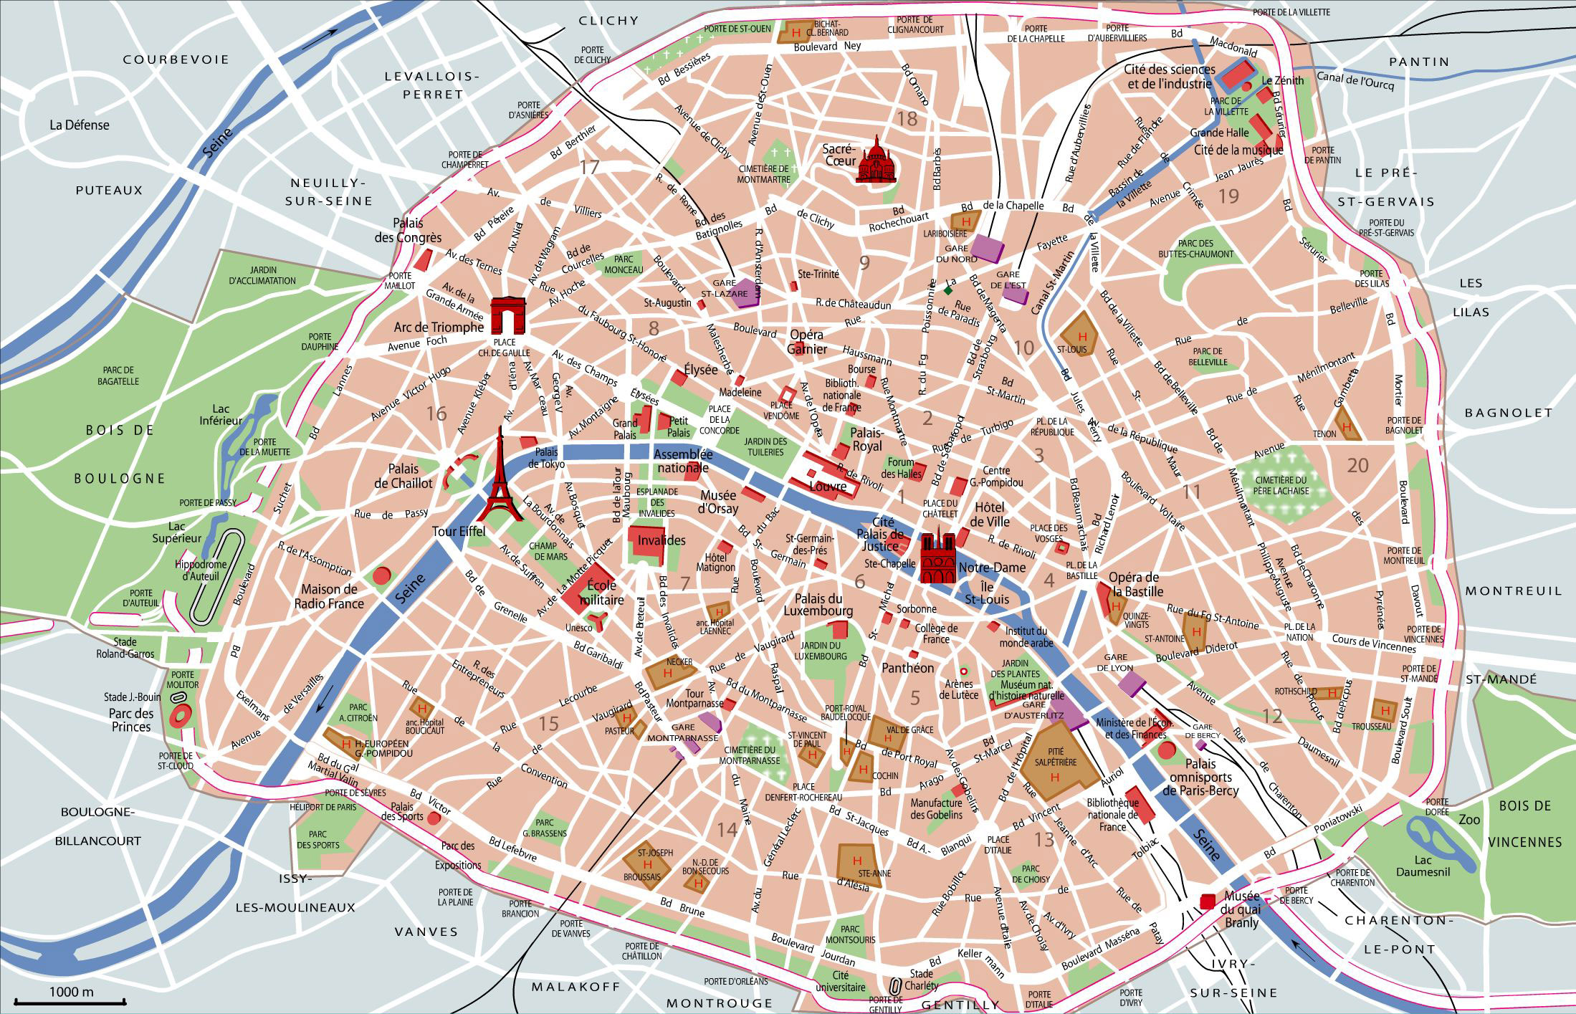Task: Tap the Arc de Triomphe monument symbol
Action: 508,316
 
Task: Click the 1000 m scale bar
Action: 71,1001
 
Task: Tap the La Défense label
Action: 80,125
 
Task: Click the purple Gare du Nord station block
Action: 987,247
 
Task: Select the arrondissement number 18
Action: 907,119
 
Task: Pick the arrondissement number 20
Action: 1357,466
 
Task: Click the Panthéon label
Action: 907,668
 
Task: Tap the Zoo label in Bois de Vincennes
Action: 1469,818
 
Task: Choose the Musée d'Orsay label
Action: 718,501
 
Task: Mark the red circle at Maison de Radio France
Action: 382,574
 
